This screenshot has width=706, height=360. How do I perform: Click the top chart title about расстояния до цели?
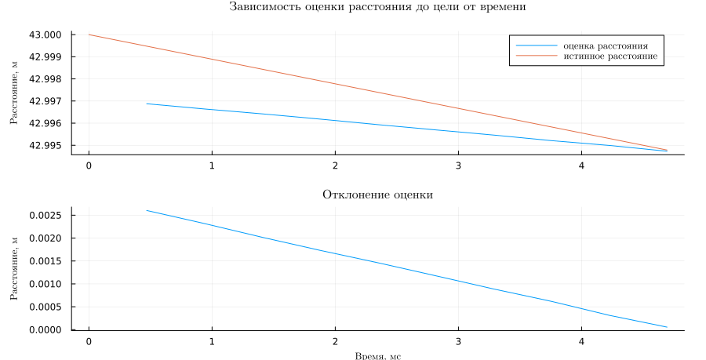pyautogui.click(x=377, y=7)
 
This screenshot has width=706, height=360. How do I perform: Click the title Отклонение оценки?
pyautogui.click(x=377, y=195)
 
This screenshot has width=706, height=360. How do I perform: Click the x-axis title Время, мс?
pyautogui.click(x=377, y=356)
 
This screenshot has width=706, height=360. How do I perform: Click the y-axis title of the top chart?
pyautogui.click(x=13, y=94)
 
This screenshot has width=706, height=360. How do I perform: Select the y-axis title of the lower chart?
pyautogui.click(x=13, y=271)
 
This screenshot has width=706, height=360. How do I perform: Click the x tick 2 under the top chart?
pyautogui.click(x=335, y=166)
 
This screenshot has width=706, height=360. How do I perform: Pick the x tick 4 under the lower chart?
pyautogui.click(x=581, y=342)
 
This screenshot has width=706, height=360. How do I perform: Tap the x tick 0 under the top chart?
pyautogui.click(x=89, y=166)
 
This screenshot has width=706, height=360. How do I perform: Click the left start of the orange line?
pyautogui.click(x=89, y=35)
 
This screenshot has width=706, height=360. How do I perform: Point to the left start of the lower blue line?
pyautogui.click(x=147, y=210)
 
